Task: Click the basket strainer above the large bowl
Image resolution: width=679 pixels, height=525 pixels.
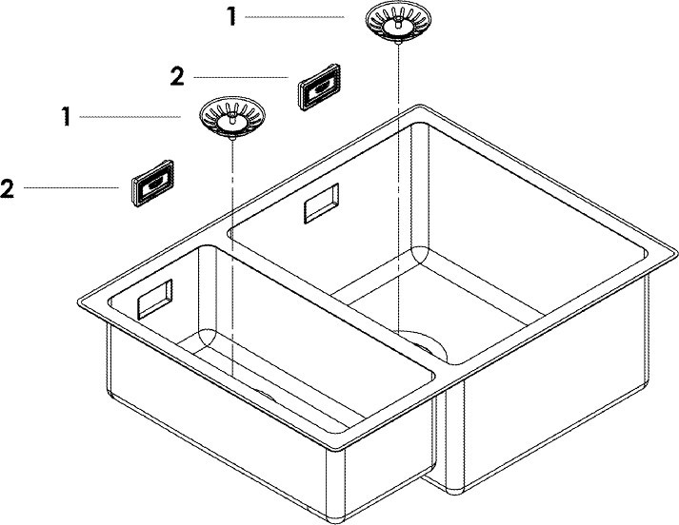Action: (398, 23)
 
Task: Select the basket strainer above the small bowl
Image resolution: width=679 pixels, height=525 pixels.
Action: (232, 118)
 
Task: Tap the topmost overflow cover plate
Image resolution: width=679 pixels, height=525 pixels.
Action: (319, 87)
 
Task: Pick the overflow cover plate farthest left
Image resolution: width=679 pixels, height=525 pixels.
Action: (152, 184)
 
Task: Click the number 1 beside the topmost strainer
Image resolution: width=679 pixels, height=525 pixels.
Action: (232, 17)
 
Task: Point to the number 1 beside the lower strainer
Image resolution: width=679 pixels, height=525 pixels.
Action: (66, 117)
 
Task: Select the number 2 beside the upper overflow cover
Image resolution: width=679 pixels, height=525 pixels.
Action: (177, 77)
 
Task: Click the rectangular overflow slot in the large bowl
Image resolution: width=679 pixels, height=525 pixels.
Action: (321, 204)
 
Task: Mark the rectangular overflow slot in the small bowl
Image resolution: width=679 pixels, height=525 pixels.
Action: (155, 300)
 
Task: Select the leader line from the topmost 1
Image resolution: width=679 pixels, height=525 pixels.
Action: (294, 17)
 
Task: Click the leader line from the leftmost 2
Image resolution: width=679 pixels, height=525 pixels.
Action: (71, 187)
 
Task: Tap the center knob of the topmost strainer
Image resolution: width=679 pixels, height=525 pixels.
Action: (398, 25)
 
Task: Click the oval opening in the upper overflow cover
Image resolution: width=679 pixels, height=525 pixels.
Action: (321, 87)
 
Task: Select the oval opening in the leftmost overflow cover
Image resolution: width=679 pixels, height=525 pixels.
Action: (154, 185)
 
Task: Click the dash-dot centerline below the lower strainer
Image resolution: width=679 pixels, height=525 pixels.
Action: (232, 259)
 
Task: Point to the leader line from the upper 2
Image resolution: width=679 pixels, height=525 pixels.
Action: (241, 77)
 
